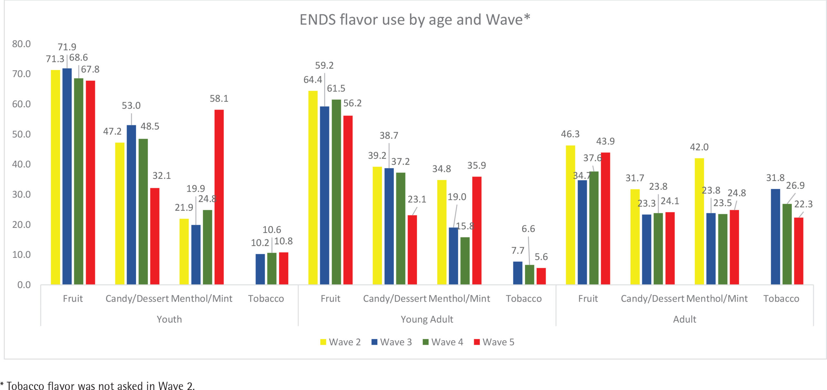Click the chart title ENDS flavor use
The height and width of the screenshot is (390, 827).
[x=414, y=20]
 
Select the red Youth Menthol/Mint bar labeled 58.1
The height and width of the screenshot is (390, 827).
[x=219, y=197]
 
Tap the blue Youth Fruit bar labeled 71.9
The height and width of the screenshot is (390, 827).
[x=67, y=176]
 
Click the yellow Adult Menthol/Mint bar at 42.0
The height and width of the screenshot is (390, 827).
[x=699, y=221]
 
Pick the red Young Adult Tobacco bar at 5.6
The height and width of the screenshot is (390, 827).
[x=541, y=276]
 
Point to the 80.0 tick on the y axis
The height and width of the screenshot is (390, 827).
[x=21, y=44]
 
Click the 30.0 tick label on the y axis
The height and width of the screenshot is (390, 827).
[x=21, y=195]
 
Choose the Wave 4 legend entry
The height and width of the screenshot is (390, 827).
[x=443, y=342]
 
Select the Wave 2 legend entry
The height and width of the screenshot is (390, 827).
[x=340, y=342]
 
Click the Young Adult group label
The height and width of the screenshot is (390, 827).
[x=427, y=319]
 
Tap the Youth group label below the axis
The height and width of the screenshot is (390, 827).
[x=169, y=319]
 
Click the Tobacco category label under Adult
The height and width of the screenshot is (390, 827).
[x=781, y=299]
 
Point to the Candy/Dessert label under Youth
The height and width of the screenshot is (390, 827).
[x=137, y=299]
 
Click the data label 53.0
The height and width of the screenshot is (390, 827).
[x=131, y=106]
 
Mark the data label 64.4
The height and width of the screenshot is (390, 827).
[x=312, y=80]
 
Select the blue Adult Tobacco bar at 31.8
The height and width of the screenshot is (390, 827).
[x=775, y=237]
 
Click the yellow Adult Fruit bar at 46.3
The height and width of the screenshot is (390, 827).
[x=570, y=215]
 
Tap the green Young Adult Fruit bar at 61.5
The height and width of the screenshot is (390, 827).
[x=336, y=192]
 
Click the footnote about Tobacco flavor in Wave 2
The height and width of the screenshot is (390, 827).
[x=98, y=386]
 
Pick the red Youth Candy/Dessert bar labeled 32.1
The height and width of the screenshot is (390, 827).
[x=155, y=236]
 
